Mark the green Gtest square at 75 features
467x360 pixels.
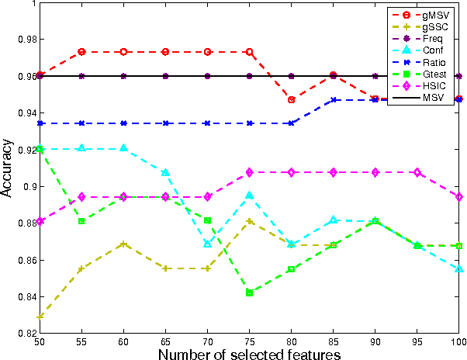pyautogui.click(x=249, y=292)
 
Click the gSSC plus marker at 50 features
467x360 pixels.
pyautogui.click(x=40, y=317)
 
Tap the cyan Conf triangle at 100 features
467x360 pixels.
pyautogui.click(x=459, y=268)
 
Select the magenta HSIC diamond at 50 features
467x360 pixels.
pyautogui.click(x=40, y=221)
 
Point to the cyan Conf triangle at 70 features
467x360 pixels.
pyautogui.click(x=207, y=244)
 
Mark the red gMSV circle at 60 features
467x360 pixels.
pyautogui.click(x=123, y=52)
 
